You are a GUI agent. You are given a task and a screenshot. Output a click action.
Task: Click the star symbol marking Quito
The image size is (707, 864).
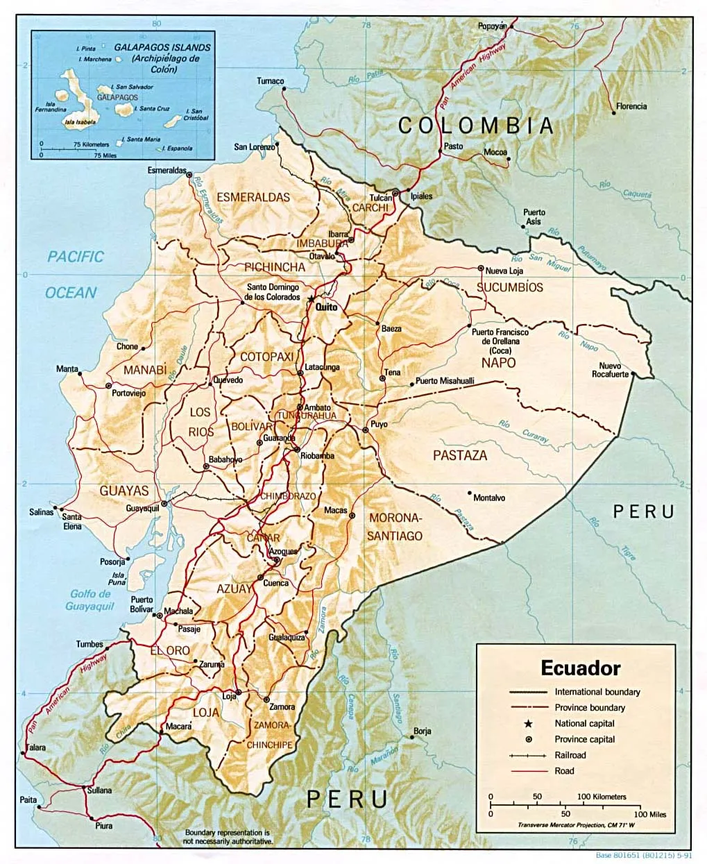tap(312, 298)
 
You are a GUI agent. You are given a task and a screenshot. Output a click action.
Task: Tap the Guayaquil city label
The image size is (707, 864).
tap(142, 509)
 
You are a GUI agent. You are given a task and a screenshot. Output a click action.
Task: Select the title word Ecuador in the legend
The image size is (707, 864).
tap(580, 668)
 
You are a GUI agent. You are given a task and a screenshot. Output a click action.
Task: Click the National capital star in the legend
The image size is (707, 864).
tap(528, 724)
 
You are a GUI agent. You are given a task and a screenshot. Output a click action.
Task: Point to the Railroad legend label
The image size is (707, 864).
tap(570, 755)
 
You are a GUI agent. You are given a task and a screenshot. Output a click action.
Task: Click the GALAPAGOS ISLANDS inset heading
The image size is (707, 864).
tap(162, 48)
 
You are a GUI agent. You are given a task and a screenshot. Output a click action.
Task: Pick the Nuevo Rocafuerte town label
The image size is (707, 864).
tap(610, 370)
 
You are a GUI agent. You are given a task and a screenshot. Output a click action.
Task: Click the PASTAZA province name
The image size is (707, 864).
tap(460, 455)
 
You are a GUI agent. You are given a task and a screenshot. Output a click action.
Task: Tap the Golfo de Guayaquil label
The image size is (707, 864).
tap(90, 600)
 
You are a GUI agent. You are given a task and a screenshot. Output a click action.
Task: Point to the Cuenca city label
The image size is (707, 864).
tap(275, 583)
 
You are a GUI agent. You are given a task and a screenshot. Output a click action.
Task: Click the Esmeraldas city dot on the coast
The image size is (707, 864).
tap(189, 176)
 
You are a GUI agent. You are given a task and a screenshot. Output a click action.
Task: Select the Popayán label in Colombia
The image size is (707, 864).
tap(492, 26)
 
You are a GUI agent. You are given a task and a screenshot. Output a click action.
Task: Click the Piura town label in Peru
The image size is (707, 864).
tap(103, 826)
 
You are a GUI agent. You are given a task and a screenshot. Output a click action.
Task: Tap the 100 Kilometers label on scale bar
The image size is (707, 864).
tap(601, 797)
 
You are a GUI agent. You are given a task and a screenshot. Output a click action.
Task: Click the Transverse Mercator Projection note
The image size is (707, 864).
tap(576, 824)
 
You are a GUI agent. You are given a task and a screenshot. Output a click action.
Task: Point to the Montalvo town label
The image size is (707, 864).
tap(488, 498)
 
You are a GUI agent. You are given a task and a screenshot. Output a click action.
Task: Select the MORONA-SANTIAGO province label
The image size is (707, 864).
tap(395, 527)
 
